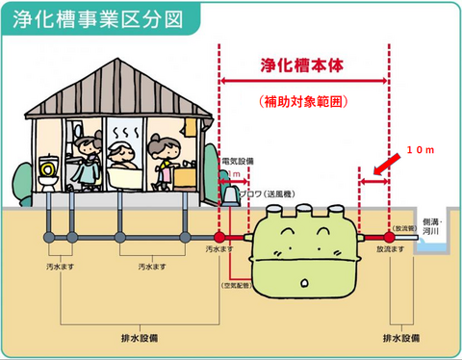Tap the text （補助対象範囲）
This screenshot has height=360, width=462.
(x=303, y=99)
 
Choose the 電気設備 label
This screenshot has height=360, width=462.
(x=238, y=161)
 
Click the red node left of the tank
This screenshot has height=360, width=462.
(x=219, y=235)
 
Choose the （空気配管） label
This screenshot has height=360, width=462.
(x=236, y=286)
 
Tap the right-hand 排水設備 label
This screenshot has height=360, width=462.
(x=400, y=339)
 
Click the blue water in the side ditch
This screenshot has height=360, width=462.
(x=435, y=246)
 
